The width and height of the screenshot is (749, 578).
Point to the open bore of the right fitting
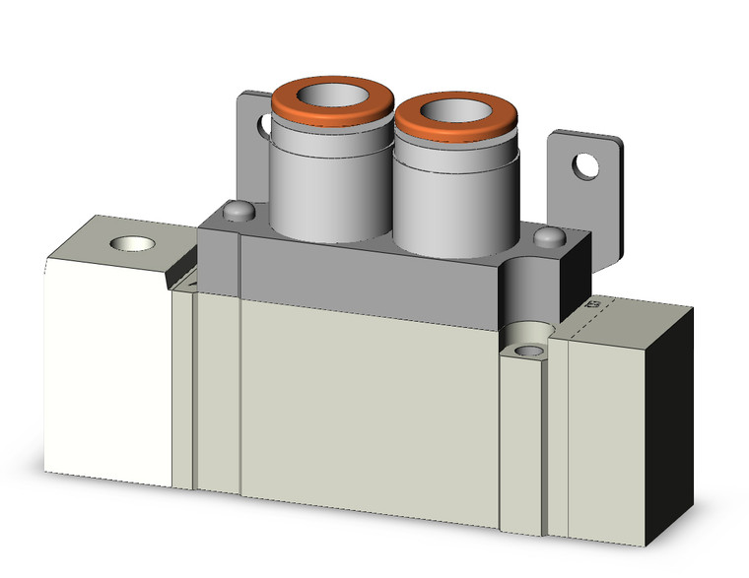456,114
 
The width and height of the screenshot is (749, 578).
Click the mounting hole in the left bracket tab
263,125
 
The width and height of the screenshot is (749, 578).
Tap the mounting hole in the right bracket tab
588,165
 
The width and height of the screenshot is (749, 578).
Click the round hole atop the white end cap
127,243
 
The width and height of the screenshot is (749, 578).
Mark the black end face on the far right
670,423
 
